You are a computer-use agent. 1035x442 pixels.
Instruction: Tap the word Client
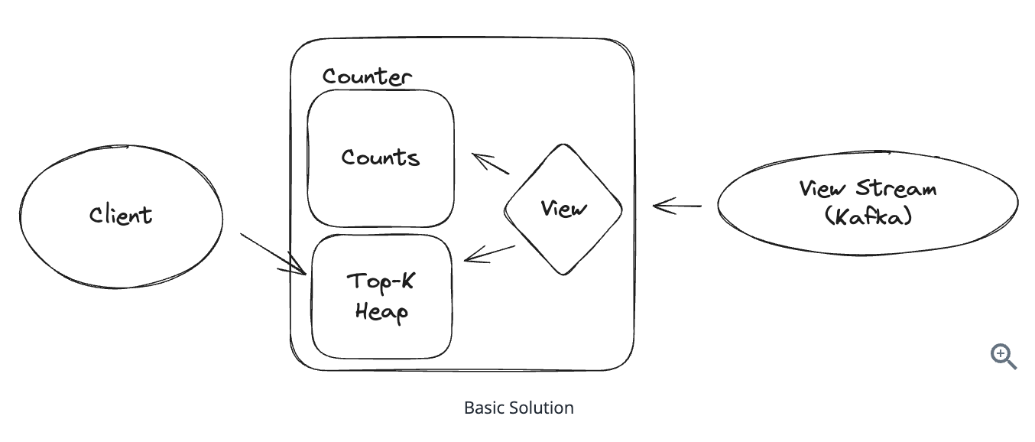click(x=121, y=215)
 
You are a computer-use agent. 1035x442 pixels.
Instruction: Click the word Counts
click(x=381, y=158)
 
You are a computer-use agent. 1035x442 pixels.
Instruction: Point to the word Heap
click(x=381, y=311)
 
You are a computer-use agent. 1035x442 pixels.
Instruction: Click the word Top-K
click(x=381, y=281)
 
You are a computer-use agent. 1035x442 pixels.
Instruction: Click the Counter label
click(x=367, y=76)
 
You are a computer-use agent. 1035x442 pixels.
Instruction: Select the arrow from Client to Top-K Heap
click(x=273, y=253)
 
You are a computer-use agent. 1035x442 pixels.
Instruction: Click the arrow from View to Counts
click(x=491, y=164)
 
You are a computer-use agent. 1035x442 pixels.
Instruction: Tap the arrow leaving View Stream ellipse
click(x=677, y=206)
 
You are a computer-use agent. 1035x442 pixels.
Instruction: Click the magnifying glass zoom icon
click(x=1003, y=356)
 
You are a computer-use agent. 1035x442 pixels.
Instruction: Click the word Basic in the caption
click(x=482, y=408)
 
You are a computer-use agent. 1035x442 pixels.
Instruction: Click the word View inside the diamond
click(x=563, y=208)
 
